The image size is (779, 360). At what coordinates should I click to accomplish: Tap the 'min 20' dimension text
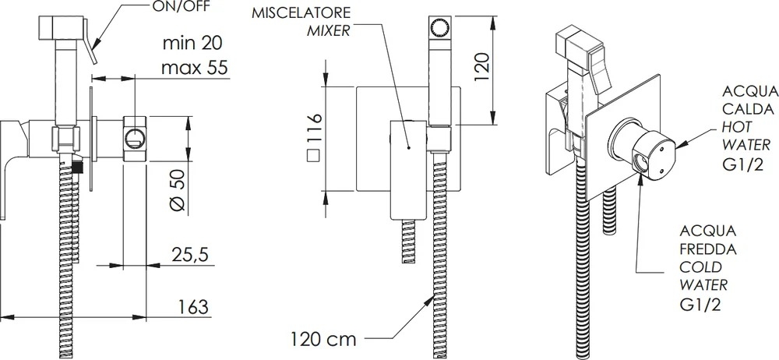pyautogui.click(x=192, y=43)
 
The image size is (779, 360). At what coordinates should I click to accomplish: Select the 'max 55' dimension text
pyautogui.click(x=196, y=67)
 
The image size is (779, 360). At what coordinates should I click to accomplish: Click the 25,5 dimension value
pyautogui.click(x=190, y=255)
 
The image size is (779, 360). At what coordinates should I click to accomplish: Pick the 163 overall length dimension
pyautogui.click(x=192, y=307)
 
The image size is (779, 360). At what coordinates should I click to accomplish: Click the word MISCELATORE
pyautogui.click(x=301, y=12)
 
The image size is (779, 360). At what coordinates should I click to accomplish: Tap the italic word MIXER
pyautogui.click(x=329, y=31)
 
